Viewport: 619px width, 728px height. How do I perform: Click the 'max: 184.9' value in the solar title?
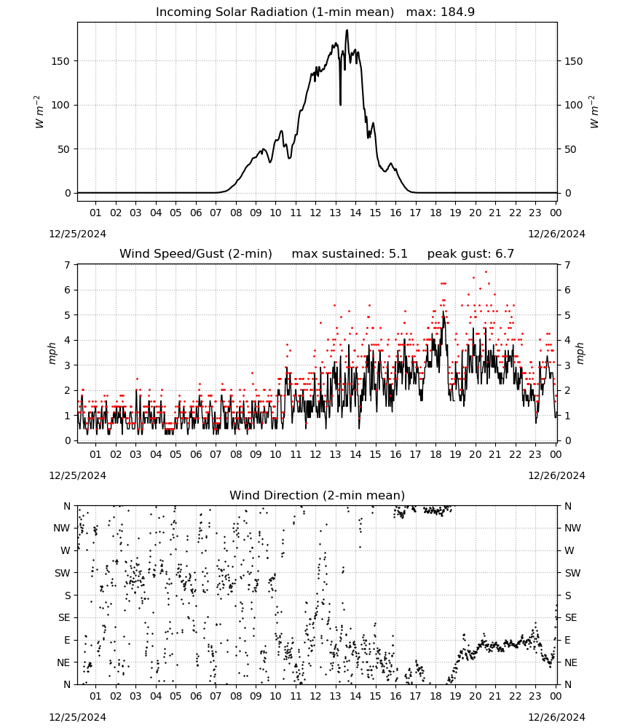pos(441,12)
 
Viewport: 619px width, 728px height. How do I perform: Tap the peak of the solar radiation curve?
pos(347,30)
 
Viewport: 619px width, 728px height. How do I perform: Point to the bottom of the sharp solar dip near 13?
pos(340,104)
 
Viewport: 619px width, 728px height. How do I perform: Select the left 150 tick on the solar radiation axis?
pos(61,61)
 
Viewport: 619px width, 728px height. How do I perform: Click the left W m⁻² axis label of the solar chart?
pos(39,111)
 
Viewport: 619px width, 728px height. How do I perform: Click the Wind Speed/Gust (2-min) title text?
pos(195,254)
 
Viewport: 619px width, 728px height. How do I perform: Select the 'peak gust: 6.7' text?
pos(470,254)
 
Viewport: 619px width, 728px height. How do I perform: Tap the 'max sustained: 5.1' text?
pos(350,254)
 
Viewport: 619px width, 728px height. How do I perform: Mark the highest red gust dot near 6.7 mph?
pos(486,272)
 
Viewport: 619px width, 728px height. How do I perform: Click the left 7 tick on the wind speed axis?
pos(68,265)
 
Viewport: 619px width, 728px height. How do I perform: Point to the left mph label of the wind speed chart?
pos(52,353)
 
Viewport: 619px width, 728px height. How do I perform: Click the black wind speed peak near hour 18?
pos(443,312)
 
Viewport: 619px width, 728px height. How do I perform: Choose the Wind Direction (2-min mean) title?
pos(318,495)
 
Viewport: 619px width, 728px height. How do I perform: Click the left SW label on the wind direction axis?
pos(63,573)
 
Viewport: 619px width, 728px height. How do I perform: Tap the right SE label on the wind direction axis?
pos(571,617)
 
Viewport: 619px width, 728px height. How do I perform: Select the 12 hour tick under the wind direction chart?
pos(316,696)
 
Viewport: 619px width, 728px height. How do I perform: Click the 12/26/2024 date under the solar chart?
pos(556,234)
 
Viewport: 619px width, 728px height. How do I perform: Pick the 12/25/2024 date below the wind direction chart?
pos(77,717)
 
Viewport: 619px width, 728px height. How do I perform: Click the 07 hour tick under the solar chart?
pos(216,213)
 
